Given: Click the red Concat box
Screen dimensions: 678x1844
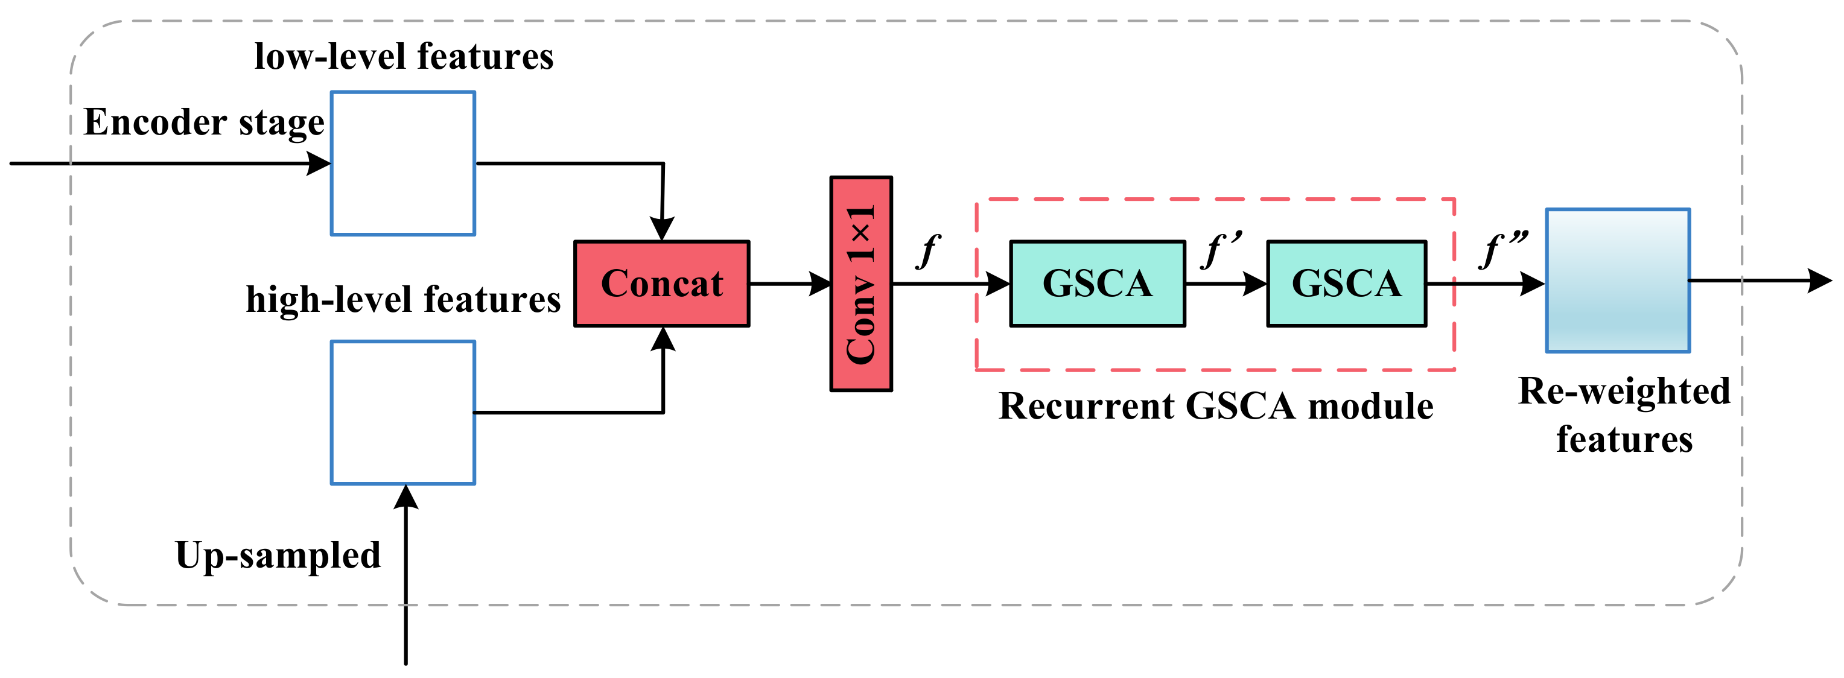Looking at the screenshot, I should click(661, 284).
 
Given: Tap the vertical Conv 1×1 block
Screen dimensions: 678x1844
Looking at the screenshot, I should click(860, 284).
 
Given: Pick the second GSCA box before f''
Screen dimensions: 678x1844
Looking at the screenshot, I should click(1346, 284).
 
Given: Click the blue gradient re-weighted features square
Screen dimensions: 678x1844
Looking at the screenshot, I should click(1617, 280).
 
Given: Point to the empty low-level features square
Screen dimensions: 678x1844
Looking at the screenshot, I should click(402, 163).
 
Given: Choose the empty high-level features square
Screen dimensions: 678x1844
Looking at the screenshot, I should click(402, 413).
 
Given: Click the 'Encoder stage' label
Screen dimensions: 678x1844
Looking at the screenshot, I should click(204, 122).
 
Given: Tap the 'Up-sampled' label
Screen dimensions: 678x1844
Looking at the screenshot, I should click(278, 555).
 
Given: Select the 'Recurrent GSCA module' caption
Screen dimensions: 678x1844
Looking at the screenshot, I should click(1215, 406).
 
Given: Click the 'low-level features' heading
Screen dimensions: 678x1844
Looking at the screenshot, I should click(404, 56).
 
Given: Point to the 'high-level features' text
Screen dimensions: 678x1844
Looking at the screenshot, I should click(403, 299).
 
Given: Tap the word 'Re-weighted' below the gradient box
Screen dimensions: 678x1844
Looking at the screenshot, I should click(1624, 391).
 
